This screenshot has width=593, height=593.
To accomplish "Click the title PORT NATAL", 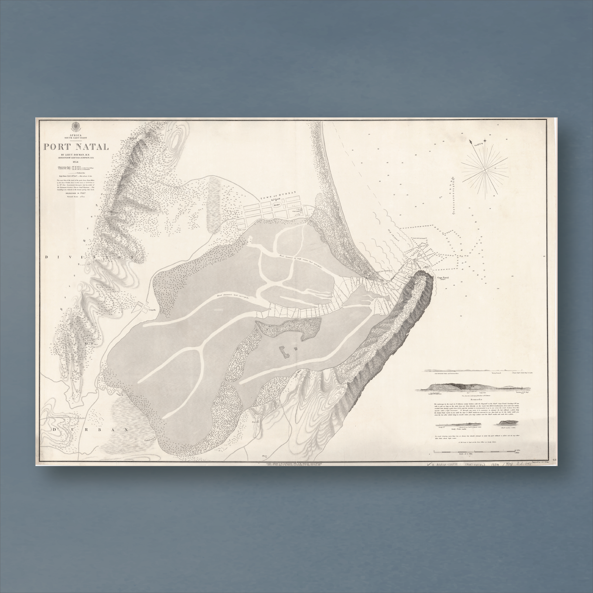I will (76, 147).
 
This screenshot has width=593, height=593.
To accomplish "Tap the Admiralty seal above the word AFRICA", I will (76, 126).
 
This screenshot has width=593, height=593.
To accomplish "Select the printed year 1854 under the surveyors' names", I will (76, 162).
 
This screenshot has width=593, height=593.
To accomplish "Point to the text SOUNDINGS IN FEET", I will (75, 193).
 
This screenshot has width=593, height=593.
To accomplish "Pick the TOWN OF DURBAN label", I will (278, 195).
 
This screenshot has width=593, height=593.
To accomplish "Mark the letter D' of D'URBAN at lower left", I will (58, 430).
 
